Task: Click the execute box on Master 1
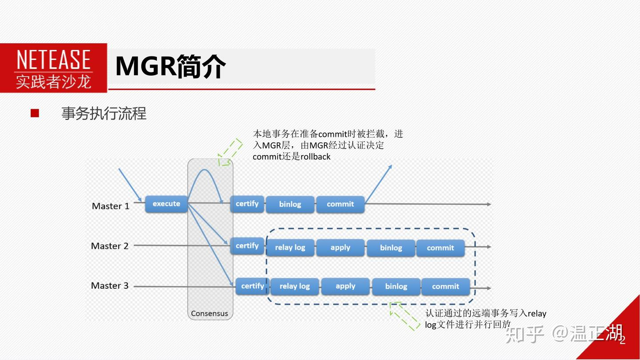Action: (166, 204)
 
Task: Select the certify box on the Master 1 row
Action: (247, 204)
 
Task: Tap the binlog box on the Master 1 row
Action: (290, 204)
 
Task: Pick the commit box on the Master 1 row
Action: (340, 204)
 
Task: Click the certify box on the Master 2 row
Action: (247, 246)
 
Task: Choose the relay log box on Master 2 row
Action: (290, 248)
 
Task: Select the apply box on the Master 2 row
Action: (340, 248)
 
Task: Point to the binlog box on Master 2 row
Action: (391, 248)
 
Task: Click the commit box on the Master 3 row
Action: (445, 287)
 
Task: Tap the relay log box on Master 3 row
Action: (294, 287)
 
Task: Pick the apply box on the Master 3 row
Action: (345, 286)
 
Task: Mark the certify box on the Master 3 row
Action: (252, 286)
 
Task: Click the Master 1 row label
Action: (111, 206)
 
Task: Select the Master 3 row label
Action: (110, 286)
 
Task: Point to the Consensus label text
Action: (209, 313)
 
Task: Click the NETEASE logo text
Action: (53, 60)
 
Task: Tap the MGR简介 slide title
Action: (170, 67)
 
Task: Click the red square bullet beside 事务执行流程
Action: (35, 113)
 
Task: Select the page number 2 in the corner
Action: (622, 340)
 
